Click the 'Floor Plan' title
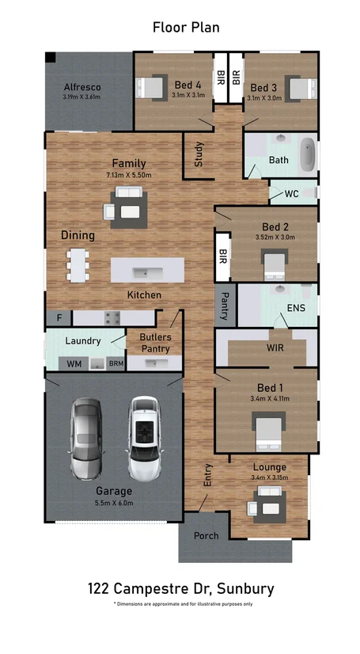[x=186, y=28]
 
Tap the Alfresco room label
[x=82, y=86]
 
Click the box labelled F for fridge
[x=58, y=317]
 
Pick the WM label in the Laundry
[x=74, y=363]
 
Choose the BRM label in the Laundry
[x=116, y=363]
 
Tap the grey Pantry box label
[x=225, y=304]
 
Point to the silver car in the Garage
[x=86, y=439]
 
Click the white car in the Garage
[x=145, y=439]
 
